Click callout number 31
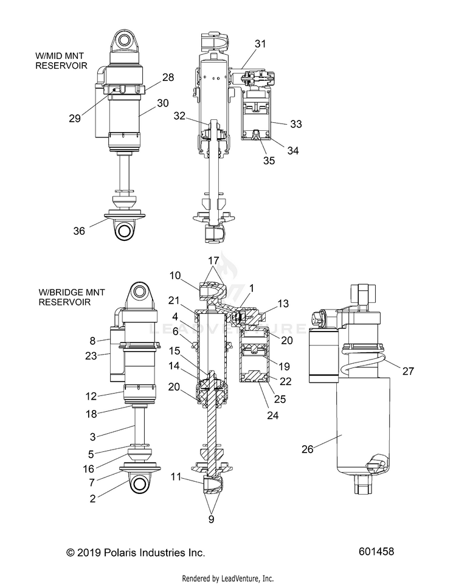(x=261, y=44)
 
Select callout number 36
(x=79, y=231)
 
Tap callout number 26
(x=308, y=449)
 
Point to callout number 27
(x=408, y=371)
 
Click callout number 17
(x=213, y=260)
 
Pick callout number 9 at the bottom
(x=211, y=519)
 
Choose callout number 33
(x=296, y=124)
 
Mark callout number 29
(x=74, y=118)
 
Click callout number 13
(x=283, y=304)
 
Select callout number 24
(x=273, y=415)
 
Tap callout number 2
(x=92, y=498)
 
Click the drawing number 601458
(x=376, y=551)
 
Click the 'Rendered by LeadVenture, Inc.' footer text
(x=228, y=579)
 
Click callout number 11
(x=176, y=476)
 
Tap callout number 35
(x=269, y=161)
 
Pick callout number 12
(x=91, y=396)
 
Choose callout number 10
(x=175, y=276)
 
